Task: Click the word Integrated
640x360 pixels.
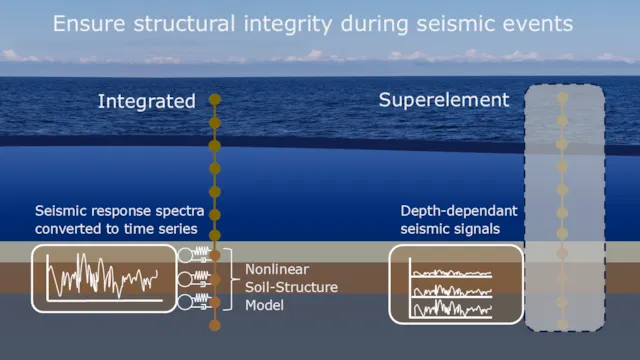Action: coord(146,101)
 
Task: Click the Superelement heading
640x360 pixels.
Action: coord(444,100)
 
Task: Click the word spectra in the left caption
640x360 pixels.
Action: coord(179,211)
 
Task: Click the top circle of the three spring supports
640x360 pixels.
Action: coord(186,256)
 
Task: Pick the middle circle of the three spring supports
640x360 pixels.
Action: coord(186,279)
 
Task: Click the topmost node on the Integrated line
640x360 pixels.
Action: coord(214,100)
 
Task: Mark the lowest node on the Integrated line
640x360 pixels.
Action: coord(214,325)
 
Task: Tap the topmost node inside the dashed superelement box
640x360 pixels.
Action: coord(563,99)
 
